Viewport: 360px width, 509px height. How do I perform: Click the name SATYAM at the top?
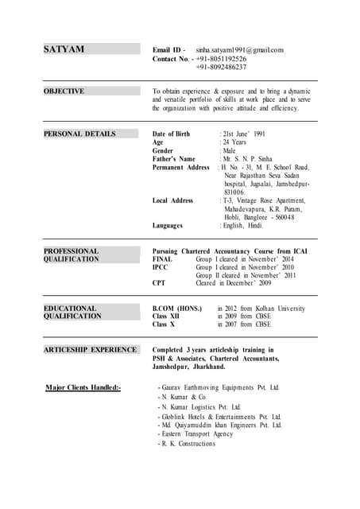(64, 49)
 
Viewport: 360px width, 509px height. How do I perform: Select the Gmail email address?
(239, 50)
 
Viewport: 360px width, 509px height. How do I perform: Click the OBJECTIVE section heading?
(64, 91)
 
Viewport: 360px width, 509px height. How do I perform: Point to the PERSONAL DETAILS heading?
(79, 134)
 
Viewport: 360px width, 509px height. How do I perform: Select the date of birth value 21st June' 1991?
(249, 134)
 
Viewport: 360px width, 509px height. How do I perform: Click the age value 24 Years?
(234, 142)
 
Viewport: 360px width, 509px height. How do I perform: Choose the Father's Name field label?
(173, 159)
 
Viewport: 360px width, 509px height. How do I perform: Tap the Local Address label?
(172, 200)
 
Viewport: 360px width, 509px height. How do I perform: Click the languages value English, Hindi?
(243, 226)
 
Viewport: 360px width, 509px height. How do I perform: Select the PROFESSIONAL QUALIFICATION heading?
(72, 255)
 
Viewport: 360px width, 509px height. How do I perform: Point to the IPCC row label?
(161, 267)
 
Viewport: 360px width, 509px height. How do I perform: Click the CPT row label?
(159, 283)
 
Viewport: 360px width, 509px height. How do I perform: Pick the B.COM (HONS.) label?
(176, 308)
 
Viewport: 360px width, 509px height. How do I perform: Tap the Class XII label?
(166, 317)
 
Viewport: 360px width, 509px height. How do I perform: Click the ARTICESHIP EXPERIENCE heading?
(91, 349)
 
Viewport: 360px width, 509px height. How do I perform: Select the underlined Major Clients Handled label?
(83, 387)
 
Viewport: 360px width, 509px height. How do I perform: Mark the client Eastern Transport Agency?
(196, 434)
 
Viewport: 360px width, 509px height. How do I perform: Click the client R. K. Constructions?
(188, 444)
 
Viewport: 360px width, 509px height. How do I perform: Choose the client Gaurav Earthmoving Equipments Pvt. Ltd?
(220, 387)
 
